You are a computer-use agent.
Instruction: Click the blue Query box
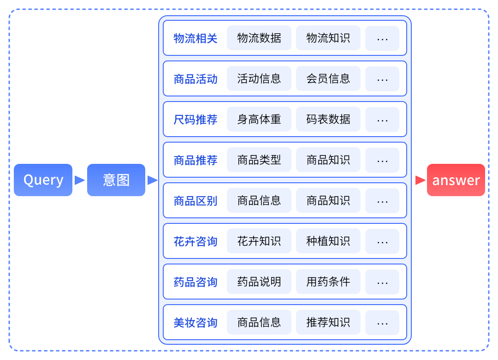[x=43, y=180]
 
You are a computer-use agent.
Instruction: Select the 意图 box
[x=116, y=180]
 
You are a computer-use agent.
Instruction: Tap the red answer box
[x=456, y=180]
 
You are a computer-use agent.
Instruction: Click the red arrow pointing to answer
[x=420, y=180]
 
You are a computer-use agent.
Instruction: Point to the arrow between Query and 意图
[x=80, y=180]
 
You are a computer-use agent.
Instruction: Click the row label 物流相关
[x=196, y=38]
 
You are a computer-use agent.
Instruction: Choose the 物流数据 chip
[x=259, y=38]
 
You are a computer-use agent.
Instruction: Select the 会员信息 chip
[x=328, y=79]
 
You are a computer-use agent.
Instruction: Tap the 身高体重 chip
[x=259, y=120]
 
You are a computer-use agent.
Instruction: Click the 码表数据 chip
[x=328, y=120]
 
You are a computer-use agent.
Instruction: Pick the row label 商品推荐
[x=196, y=160]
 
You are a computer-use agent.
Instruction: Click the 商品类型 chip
[x=259, y=160]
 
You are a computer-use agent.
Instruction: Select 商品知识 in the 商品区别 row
[x=328, y=201]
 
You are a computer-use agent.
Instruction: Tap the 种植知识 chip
[x=328, y=241]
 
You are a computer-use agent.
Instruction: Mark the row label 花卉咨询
[x=196, y=241]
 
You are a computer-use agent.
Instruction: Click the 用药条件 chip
[x=328, y=282]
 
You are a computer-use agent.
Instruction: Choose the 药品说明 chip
[x=259, y=282]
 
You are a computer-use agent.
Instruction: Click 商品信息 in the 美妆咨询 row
[x=259, y=323]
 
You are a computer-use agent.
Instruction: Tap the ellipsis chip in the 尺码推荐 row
[x=382, y=120]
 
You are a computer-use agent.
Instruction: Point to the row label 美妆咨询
[x=196, y=323]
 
